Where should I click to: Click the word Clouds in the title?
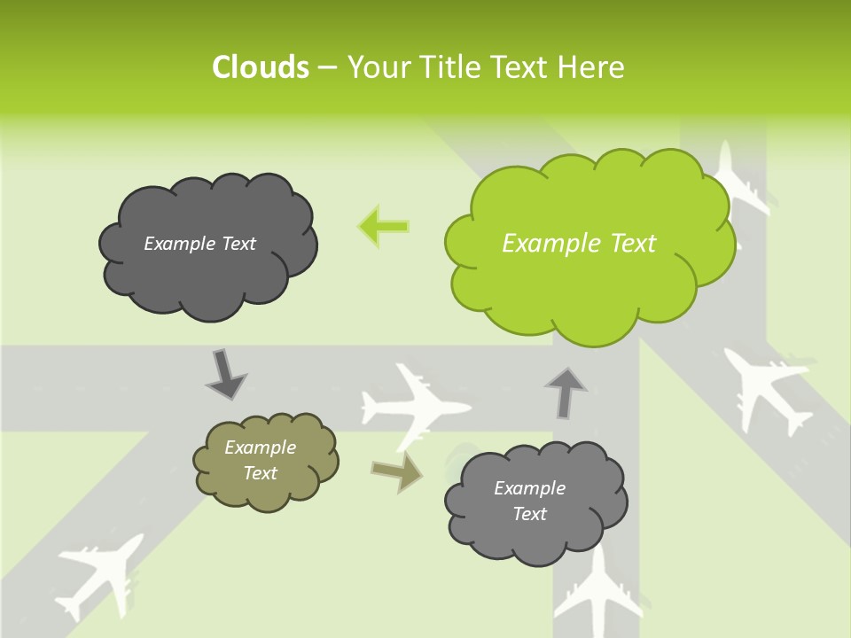(x=260, y=67)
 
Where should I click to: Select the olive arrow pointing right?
(x=397, y=472)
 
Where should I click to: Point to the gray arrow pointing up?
(x=565, y=392)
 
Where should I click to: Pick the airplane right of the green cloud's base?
(x=768, y=385)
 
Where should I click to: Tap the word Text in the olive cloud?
(x=261, y=473)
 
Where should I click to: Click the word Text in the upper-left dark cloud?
(x=238, y=244)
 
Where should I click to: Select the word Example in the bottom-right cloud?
(x=529, y=488)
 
